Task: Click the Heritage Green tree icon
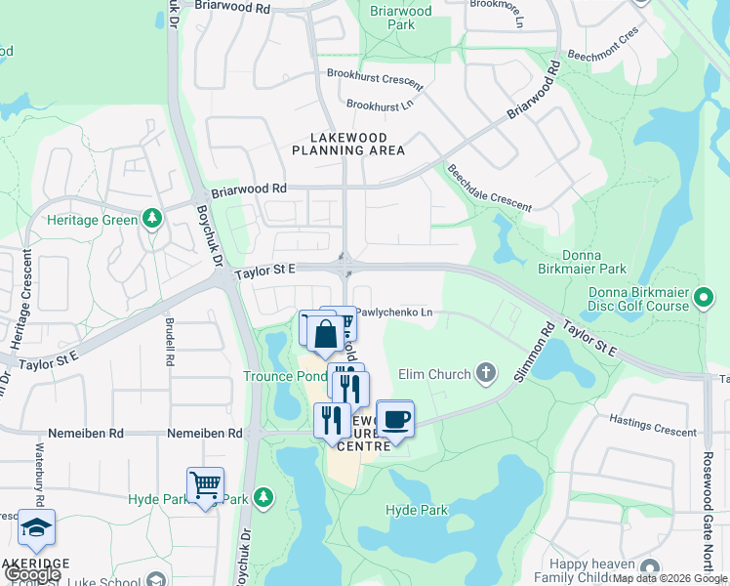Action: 151,218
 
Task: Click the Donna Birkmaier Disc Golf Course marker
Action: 704,294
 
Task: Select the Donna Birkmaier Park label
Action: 586,259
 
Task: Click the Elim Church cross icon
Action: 486,373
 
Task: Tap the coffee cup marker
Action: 394,420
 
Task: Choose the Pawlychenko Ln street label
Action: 393,313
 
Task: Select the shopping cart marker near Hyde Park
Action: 205,485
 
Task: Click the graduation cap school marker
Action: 37,528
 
